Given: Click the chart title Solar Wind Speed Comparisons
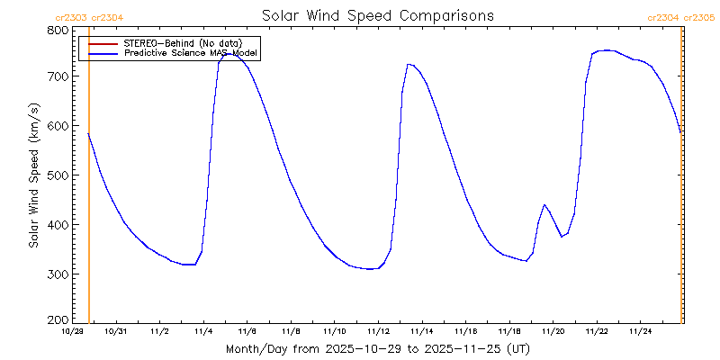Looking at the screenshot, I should tap(378, 16).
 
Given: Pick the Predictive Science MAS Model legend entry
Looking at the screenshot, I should tap(190, 53).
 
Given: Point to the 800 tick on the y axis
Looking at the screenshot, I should tap(58, 30).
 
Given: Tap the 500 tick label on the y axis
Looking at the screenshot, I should tap(58, 175).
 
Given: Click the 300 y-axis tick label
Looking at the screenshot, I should tap(58, 274).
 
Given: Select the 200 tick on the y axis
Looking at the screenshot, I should tap(58, 319).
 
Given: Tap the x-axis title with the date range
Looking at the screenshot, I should tap(378, 348).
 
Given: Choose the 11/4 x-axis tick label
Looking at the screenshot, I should tap(203, 331).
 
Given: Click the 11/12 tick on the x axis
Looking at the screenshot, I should tap(378, 331).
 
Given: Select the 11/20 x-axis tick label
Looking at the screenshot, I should tap(553, 331).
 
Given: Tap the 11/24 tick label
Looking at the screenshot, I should tap(640, 331).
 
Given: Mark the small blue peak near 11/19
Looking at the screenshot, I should tap(544, 205).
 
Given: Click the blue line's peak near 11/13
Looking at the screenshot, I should tap(409, 64).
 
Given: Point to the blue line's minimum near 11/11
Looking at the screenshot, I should tap(370, 269).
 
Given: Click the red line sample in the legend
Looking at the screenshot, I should tap(103, 43).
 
